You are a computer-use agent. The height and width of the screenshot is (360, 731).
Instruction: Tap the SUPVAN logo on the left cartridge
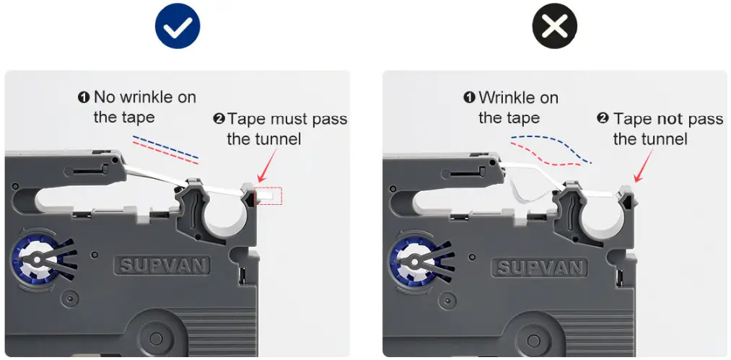click(x=162, y=265)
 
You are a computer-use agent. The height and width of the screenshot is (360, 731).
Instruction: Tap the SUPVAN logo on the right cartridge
click(x=540, y=268)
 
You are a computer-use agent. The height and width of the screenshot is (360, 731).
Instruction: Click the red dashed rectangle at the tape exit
click(x=268, y=194)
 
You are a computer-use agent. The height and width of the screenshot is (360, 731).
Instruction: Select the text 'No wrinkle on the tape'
click(x=137, y=106)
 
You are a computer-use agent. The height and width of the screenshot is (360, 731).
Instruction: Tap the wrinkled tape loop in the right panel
click(x=527, y=184)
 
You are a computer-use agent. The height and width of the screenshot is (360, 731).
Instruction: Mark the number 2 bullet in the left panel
click(x=219, y=119)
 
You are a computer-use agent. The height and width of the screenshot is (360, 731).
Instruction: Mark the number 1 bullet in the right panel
click(x=469, y=97)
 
